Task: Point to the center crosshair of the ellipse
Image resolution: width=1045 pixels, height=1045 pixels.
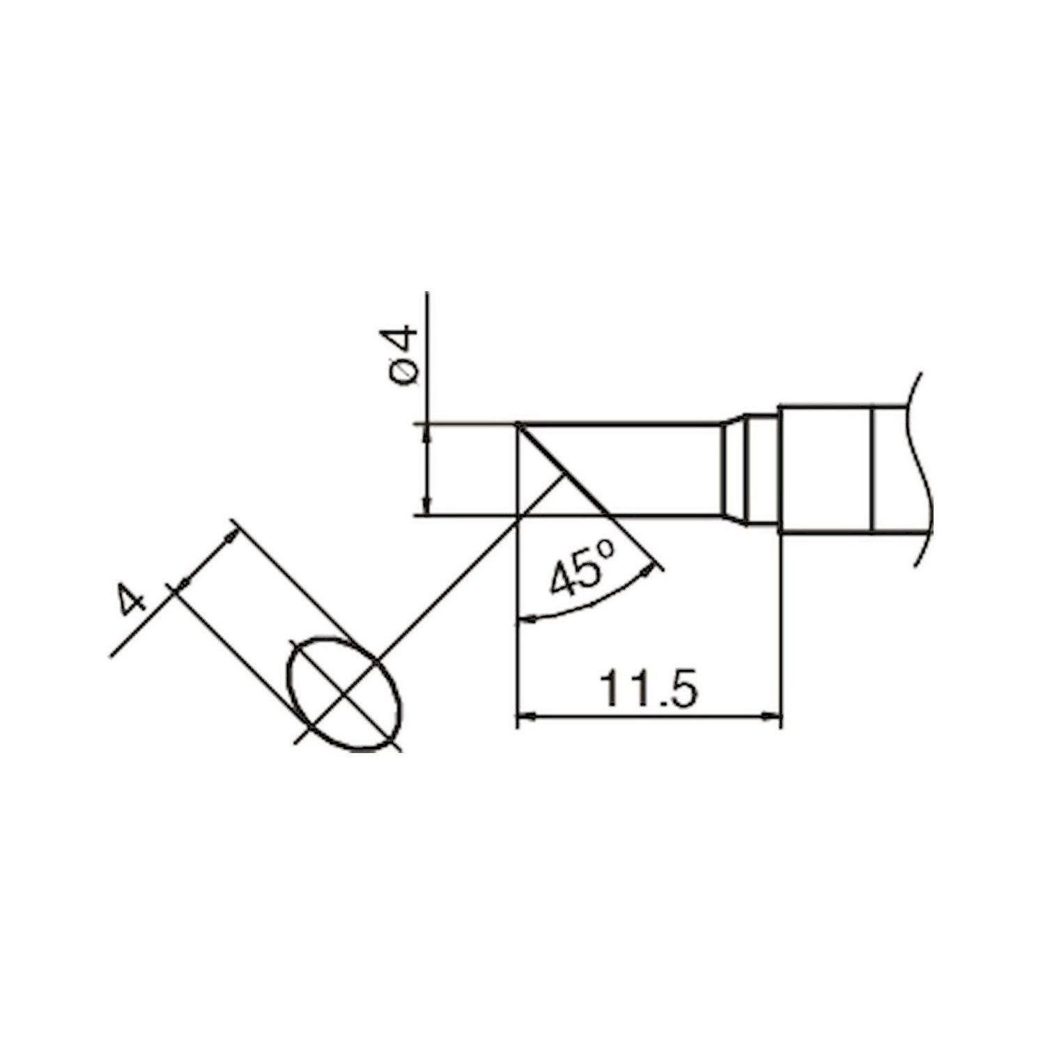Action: (345, 693)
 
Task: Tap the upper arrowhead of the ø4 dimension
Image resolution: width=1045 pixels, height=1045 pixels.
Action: (427, 432)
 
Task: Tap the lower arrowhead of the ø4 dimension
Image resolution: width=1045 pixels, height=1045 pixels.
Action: (427, 507)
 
